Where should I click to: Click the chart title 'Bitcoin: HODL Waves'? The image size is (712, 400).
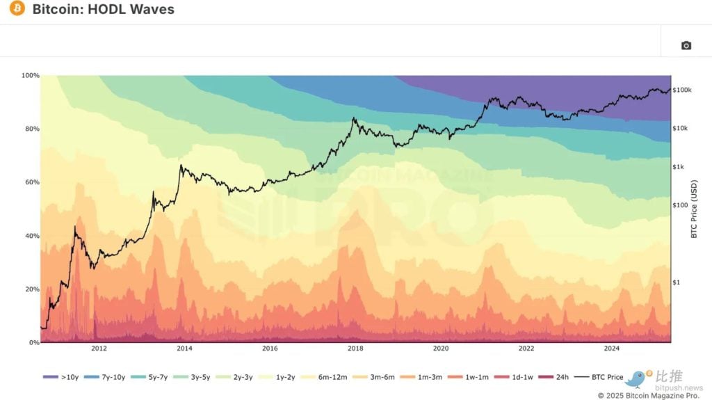[x=103, y=10]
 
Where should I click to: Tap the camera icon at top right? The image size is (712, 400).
[x=686, y=45]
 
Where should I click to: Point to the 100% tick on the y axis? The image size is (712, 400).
[x=30, y=75]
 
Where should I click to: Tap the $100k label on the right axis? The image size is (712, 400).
[x=683, y=90]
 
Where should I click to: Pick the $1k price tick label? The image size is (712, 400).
[x=679, y=167]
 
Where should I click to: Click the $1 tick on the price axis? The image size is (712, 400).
[x=677, y=282]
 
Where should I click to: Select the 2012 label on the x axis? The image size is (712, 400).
[x=99, y=349]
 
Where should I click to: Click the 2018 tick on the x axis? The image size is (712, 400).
[x=355, y=349]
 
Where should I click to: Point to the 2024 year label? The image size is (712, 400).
[x=611, y=349]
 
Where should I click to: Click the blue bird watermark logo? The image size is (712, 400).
[x=636, y=378]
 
